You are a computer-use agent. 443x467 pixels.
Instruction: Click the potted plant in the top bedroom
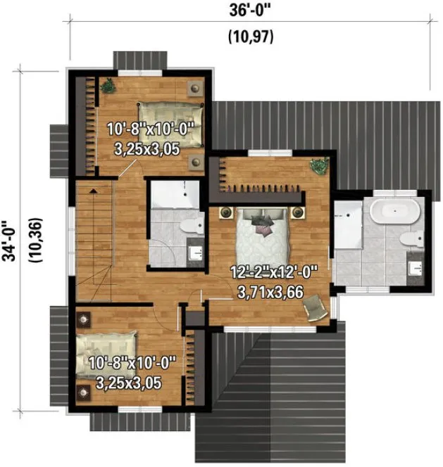[x=108, y=86]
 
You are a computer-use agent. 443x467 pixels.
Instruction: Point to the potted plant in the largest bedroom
[x=319, y=167]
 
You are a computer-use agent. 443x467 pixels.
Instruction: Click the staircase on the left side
[x=94, y=239]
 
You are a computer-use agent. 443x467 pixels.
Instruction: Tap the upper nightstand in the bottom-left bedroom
[x=84, y=319]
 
